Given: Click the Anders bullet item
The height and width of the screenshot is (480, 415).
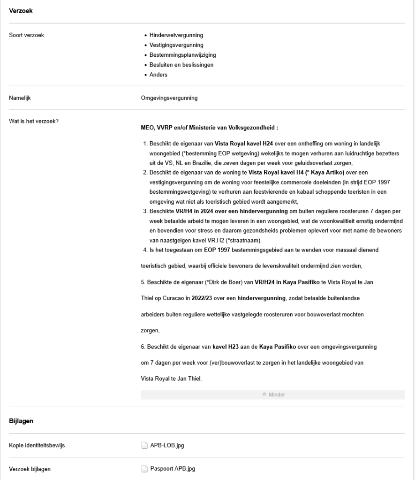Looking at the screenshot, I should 158,75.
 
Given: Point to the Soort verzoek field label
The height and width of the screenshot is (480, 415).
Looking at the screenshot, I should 27,35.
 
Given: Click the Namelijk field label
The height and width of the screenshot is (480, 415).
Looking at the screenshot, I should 20,98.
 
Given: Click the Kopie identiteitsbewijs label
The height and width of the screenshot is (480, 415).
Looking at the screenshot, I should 37,445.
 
